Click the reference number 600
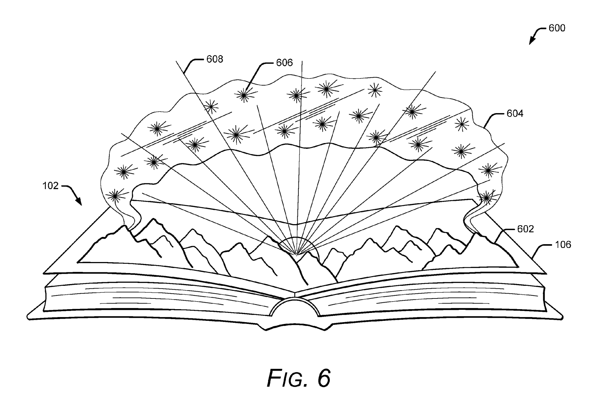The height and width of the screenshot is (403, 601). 557,28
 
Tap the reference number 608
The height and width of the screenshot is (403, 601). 215,59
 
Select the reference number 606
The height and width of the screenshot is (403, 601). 284,63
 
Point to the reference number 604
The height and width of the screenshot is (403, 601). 515,113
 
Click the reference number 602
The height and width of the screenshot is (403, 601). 526,229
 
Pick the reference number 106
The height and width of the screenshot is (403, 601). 563,245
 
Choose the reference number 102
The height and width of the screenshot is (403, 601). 50,186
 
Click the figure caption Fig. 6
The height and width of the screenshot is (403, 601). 298,379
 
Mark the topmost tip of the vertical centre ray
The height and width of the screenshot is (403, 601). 302,61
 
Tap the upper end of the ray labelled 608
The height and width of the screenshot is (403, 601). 176,61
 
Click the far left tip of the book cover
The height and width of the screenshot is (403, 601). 27,316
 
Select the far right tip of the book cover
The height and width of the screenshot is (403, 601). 562,317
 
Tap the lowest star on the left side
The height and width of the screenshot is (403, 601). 115,196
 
